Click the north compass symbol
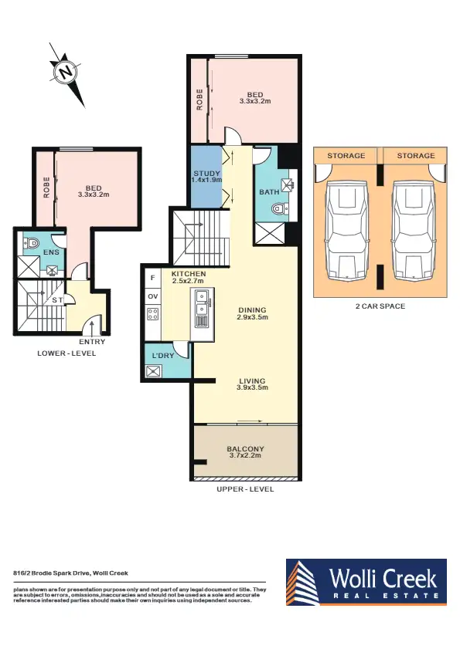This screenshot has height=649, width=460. pyautogui.click(x=67, y=73)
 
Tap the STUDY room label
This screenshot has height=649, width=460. pyautogui.click(x=206, y=175)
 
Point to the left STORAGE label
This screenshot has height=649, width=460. pyautogui.click(x=346, y=156)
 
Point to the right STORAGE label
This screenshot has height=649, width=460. pyautogui.click(x=416, y=156)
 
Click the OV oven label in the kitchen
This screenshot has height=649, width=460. pyautogui.click(x=153, y=296)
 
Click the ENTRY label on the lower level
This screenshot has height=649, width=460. pyautogui.click(x=92, y=342)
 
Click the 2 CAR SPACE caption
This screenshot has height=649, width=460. pyautogui.click(x=380, y=306)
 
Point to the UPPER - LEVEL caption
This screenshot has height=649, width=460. pyautogui.click(x=246, y=489)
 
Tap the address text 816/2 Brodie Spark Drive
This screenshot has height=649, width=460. pyautogui.click(x=70, y=573)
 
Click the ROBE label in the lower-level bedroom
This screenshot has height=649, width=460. pyautogui.click(x=46, y=188)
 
